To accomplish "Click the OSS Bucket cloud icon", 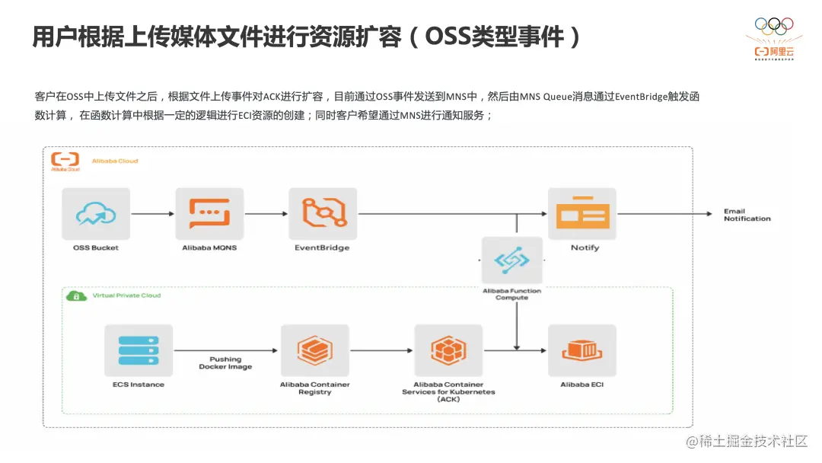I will pos(96,214).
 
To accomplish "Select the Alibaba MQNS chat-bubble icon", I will pos(209,214).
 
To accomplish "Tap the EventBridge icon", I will pos(322,214).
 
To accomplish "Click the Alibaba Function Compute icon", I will pos(512,261).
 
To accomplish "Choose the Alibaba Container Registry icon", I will pos(314,351).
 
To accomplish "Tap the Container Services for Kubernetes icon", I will pos(448,351).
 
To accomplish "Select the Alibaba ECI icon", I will pos(581,351).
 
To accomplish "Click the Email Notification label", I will pos(747,215).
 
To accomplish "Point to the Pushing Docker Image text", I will pos(225,362).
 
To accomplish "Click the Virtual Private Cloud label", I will pos(126,295).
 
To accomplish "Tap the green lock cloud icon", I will pos(75,295).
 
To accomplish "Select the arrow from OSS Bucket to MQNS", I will pos(153,214).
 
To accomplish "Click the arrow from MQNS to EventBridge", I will pos(266,214).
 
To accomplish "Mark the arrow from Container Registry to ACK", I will pos(381,351).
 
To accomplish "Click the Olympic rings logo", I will pos(773,24).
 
